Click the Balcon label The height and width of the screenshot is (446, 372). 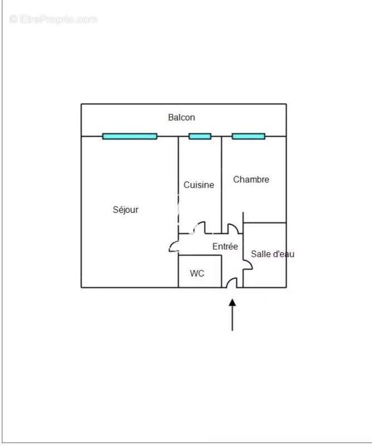click(x=181, y=117)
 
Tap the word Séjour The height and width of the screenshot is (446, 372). click(x=125, y=210)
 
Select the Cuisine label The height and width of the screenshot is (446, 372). click(x=199, y=185)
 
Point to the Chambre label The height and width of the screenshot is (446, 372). click(x=251, y=180)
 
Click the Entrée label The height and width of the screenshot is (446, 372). click(x=225, y=246)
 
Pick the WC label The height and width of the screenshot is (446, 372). click(x=197, y=273)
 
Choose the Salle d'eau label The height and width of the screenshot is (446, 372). click(x=272, y=254)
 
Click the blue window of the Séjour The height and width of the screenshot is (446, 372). click(x=129, y=136)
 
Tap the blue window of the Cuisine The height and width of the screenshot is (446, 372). click(x=200, y=136)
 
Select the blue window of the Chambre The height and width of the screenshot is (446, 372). click(x=249, y=136)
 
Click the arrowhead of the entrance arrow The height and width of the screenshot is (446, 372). click(x=233, y=302)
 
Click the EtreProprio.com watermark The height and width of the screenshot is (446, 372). click(x=53, y=20)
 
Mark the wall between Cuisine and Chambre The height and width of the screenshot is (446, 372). click(x=221, y=185)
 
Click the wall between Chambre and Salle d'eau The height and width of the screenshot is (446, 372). click(x=265, y=222)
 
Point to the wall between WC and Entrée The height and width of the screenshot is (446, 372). click(x=221, y=271)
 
